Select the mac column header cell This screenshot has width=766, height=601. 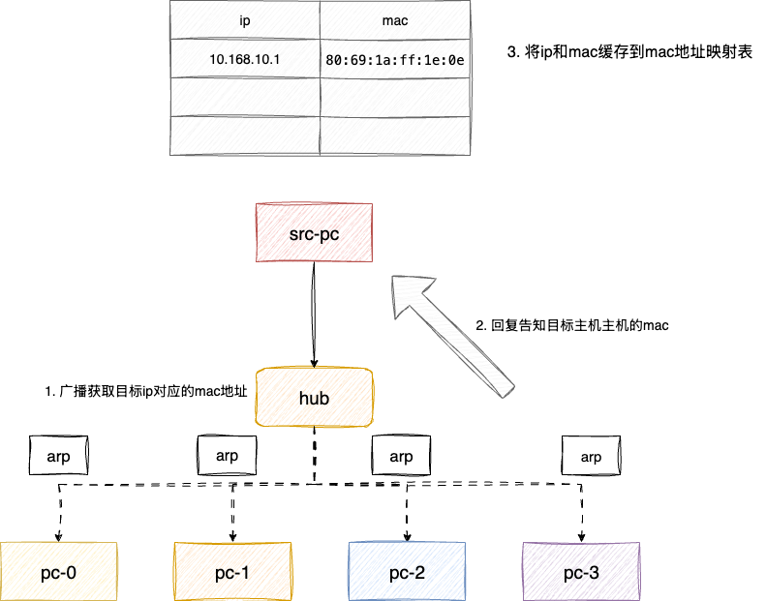pos(394,19)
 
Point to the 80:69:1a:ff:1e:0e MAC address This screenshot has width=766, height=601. pos(394,60)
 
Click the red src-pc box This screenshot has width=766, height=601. pos(314,233)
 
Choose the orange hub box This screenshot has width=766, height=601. pos(314,397)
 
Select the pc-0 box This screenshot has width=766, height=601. pos(59,572)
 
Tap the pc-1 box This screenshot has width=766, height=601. pos(232,572)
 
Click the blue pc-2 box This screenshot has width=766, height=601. pos(406,572)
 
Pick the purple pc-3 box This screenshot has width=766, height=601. pos(581,572)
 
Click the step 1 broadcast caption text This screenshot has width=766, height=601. pos(146,392)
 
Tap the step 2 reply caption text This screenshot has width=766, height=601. pos(572,326)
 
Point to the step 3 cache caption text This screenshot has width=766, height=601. pos(630,51)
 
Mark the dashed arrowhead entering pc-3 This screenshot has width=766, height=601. pos(582,535)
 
